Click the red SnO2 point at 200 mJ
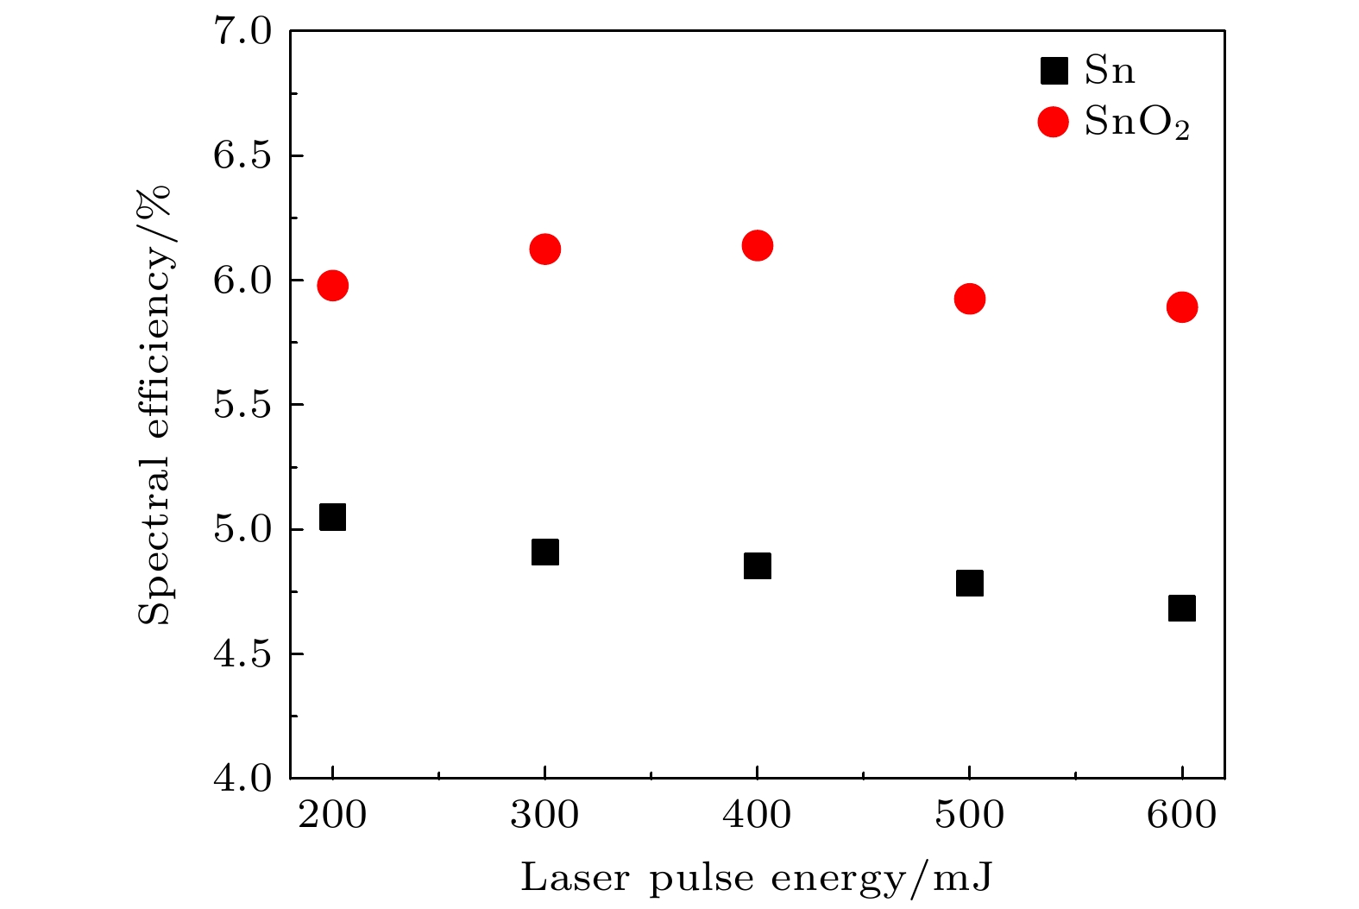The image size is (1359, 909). tap(332, 285)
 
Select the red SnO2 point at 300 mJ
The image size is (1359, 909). tap(544, 249)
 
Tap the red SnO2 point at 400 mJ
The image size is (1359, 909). tap(757, 245)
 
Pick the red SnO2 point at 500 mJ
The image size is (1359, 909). tap(970, 299)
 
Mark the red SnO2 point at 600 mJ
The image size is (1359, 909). tap(1182, 306)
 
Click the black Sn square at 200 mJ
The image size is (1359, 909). tap(332, 517)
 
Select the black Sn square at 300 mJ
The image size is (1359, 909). tap(544, 552)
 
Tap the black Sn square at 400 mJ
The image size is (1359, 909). tap(757, 565)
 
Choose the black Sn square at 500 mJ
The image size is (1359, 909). tap(970, 583)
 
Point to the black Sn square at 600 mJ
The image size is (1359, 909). tap(1182, 608)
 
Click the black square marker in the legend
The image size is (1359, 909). tap(1054, 71)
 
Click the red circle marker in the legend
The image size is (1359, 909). tap(1054, 122)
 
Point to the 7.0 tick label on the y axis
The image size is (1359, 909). tap(242, 32)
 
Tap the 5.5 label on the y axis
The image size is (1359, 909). tap(242, 405)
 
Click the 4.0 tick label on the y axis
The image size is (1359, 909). tap(242, 778)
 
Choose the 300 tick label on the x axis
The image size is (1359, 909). tap(544, 815)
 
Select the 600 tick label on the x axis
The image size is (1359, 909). tap(1182, 815)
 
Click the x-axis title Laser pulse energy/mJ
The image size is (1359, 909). tap(757, 879)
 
